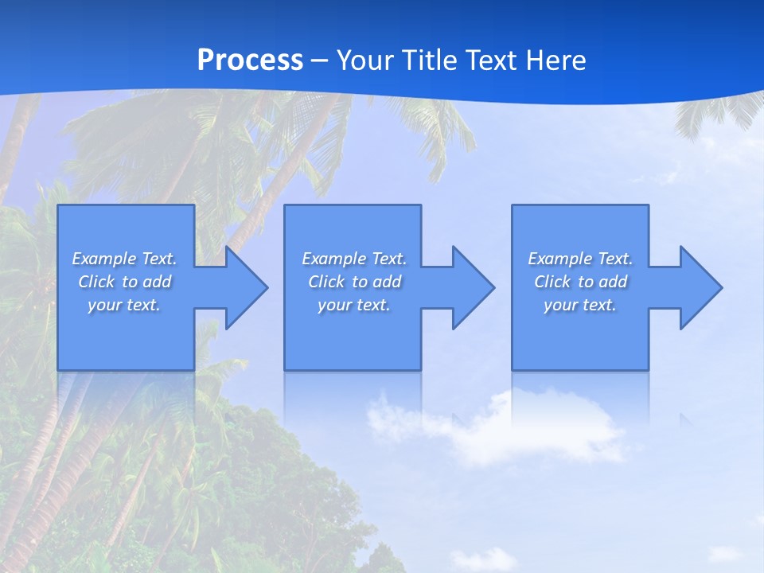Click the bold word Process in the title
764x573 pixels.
point(250,60)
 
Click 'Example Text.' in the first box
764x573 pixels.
point(124,259)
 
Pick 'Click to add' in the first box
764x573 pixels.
point(124,282)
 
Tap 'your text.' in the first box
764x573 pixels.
point(124,305)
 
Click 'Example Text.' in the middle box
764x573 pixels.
point(354,259)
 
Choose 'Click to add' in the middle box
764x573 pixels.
point(354,282)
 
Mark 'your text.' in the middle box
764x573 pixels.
point(354,305)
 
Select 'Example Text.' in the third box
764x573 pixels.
point(580,259)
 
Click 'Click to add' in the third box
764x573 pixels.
point(580,282)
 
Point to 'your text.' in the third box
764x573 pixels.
point(580,305)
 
